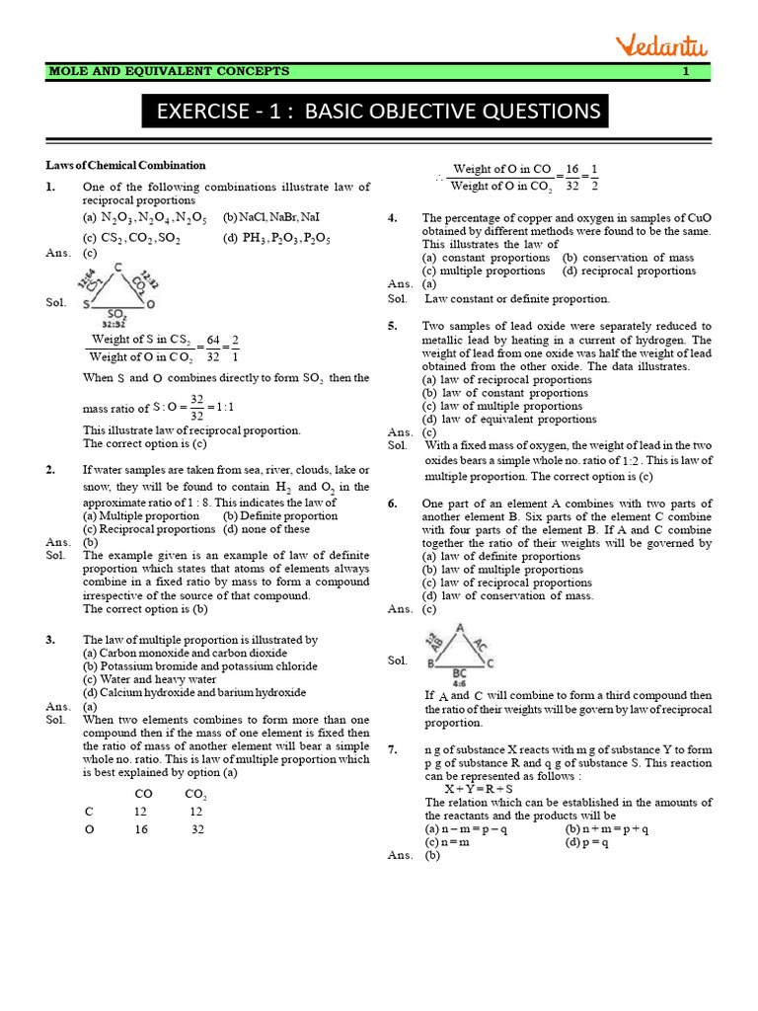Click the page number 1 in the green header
click(x=685, y=71)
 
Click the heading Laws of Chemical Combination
click(x=125, y=165)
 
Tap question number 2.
click(x=50, y=470)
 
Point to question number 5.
click(x=393, y=326)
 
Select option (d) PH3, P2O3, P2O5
click(x=276, y=238)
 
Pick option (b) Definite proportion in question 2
click(x=280, y=515)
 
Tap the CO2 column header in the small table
click(x=194, y=794)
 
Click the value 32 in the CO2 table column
click(x=197, y=829)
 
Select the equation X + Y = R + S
click(x=478, y=789)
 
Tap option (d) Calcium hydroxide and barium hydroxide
click(x=194, y=693)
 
